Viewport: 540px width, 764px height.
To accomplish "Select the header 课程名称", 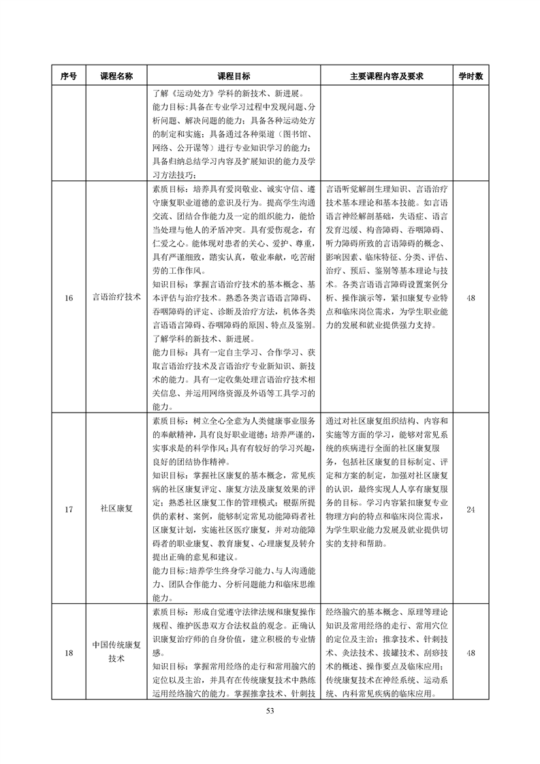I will [x=116, y=76].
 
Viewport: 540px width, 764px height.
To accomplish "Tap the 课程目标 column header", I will [x=234, y=76].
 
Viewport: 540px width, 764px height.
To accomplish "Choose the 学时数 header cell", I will [x=471, y=76].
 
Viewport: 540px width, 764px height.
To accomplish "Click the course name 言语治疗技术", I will [x=116, y=297].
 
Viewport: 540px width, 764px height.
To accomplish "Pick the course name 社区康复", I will [x=116, y=509].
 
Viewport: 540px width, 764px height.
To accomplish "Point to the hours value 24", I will [x=471, y=509].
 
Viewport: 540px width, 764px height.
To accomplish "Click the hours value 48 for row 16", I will [x=471, y=297].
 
